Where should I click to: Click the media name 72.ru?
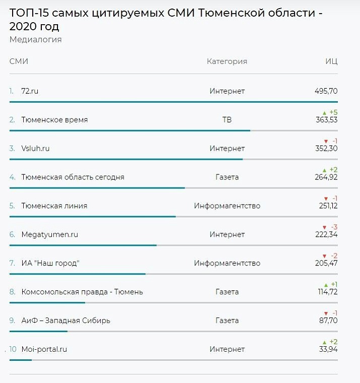(30, 91)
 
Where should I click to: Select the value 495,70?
(326, 91)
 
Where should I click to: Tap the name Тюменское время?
(54, 120)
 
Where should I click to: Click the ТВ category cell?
(227, 120)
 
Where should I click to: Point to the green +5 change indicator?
(330, 112)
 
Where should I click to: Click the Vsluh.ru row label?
(35, 149)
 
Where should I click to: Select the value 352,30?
(326, 149)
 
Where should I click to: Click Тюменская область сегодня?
(73, 177)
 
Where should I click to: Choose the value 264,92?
(326, 177)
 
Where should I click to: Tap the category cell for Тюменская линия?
(227, 206)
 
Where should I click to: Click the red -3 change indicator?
(330, 227)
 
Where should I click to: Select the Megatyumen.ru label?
(49, 235)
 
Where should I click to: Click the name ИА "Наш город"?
(50, 264)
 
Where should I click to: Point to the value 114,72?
(326, 292)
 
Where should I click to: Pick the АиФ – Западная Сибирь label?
(66, 321)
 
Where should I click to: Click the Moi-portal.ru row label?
(44, 349)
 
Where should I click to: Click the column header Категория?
(227, 61)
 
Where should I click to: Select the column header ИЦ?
(331, 61)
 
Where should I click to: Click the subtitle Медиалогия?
(35, 39)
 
